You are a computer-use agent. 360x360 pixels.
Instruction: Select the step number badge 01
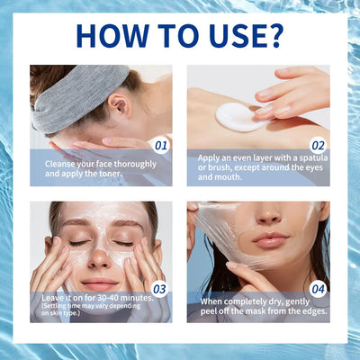click(x=160, y=143)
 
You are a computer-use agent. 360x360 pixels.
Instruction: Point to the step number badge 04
click(x=317, y=288)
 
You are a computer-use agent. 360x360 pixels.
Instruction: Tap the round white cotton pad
click(x=237, y=116)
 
